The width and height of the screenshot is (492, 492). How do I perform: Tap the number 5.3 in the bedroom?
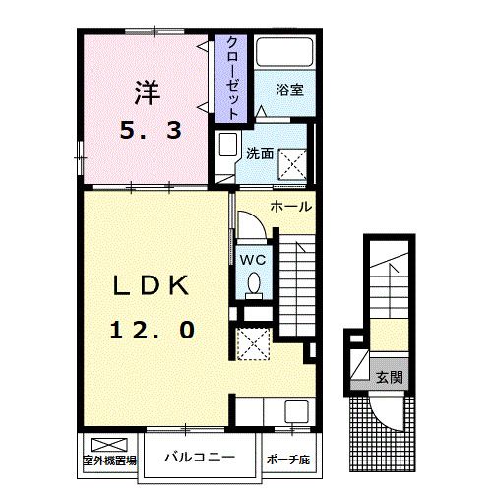click(150, 130)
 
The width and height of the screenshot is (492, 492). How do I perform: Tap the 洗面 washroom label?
click(260, 154)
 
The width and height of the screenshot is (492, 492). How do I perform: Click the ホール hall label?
click(290, 207)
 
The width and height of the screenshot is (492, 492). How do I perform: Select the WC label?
click(252, 260)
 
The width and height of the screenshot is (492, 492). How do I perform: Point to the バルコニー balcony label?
click(199, 459)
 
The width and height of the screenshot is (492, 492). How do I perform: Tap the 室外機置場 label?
click(108, 460)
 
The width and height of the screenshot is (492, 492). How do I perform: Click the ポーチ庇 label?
click(287, 460)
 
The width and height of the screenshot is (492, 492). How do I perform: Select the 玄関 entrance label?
click(390, 377)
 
